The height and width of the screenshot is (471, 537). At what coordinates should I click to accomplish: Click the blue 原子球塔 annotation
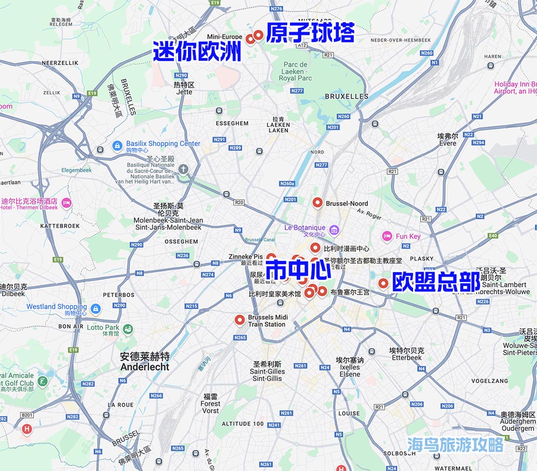click(x=310, y=33)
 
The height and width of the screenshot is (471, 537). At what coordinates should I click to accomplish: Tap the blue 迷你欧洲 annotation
click(x=197, y=51)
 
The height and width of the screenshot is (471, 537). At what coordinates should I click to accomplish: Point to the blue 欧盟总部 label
click(x=436, y=282)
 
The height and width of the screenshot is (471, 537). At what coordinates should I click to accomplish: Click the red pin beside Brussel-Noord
click(x=317, y=203)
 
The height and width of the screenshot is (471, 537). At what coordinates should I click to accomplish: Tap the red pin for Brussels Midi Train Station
click(x=240, y=320)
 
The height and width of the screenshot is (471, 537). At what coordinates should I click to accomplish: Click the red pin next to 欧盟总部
click(x=383, y=283)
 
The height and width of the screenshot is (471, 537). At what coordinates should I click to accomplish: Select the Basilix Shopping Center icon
click(x=117, y=145)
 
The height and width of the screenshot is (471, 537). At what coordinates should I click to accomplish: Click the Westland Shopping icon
click(x=96, y=309)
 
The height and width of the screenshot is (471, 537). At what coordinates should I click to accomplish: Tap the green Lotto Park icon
click(x=128, y=329)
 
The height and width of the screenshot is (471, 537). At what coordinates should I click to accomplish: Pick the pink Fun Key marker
click(x=387, y=236)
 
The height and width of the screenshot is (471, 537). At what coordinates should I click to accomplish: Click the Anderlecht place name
click(x=145, y=362)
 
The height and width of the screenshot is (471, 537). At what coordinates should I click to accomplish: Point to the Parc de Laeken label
click(x=295, y=71)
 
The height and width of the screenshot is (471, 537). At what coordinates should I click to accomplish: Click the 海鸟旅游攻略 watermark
click(x=455, y=445)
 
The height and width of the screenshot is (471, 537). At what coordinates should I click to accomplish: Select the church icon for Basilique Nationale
click(x=184, y=170)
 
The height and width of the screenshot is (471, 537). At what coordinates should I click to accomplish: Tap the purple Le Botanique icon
click(x=334, y=230)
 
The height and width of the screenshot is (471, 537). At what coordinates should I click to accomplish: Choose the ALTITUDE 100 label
click(x=243, y=424)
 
